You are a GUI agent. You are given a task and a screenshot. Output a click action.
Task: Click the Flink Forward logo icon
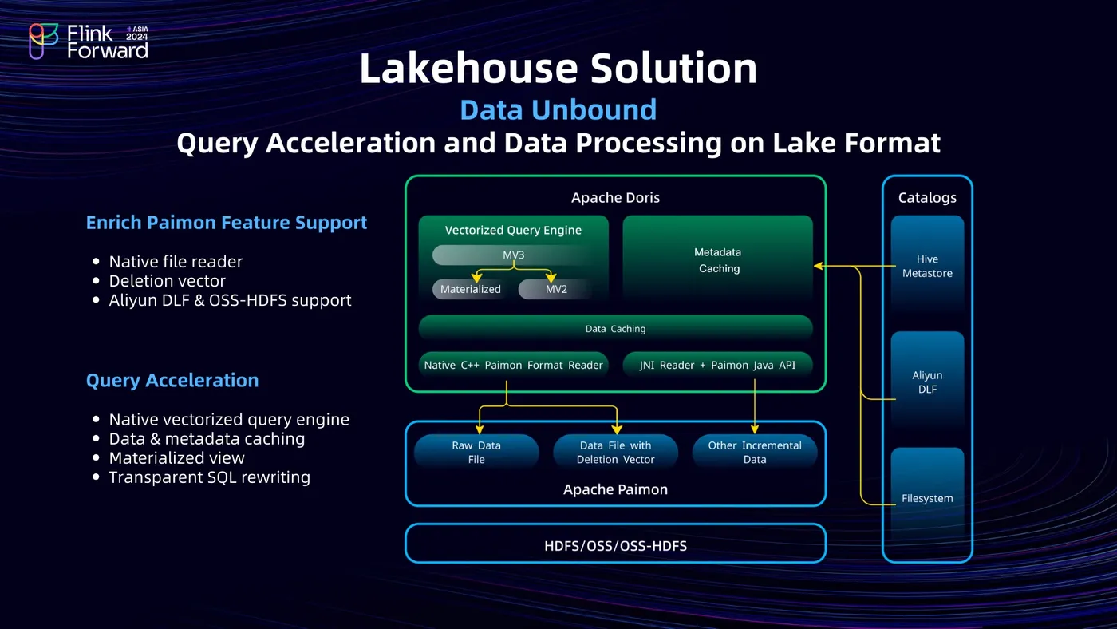[43, 41]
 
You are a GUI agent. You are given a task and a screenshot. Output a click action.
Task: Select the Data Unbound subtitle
[558, 109]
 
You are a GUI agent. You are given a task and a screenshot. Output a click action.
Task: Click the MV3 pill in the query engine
[513, 255]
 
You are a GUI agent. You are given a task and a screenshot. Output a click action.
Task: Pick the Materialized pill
[471, 289]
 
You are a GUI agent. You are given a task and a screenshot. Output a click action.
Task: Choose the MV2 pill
[556, 289]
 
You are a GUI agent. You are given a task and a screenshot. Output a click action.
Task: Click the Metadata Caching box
[718, 261]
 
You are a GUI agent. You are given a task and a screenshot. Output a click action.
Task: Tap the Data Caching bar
[615, 328]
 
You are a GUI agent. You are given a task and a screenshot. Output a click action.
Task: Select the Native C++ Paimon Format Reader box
[513, 365]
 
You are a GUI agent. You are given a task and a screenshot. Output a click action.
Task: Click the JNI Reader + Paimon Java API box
[717, 365]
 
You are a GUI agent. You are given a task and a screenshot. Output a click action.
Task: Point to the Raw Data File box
[476, 452]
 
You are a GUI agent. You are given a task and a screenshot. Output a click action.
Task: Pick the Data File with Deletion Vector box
[615, 452]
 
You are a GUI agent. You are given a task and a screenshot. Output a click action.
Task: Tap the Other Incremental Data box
[755, 452]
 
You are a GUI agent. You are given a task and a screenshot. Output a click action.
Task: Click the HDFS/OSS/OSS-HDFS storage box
[615, 546]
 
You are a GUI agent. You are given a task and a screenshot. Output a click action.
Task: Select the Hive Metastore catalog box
[927, 266]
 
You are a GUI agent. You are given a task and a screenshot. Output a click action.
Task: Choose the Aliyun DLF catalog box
[927, 382]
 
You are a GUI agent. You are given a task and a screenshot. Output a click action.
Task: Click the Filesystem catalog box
[927, 498]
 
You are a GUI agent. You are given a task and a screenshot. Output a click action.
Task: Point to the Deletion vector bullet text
[167, 281]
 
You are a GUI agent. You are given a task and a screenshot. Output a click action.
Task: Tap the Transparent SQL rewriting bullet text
[209, 477]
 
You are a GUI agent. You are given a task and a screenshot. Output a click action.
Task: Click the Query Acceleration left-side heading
[172, 381]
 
